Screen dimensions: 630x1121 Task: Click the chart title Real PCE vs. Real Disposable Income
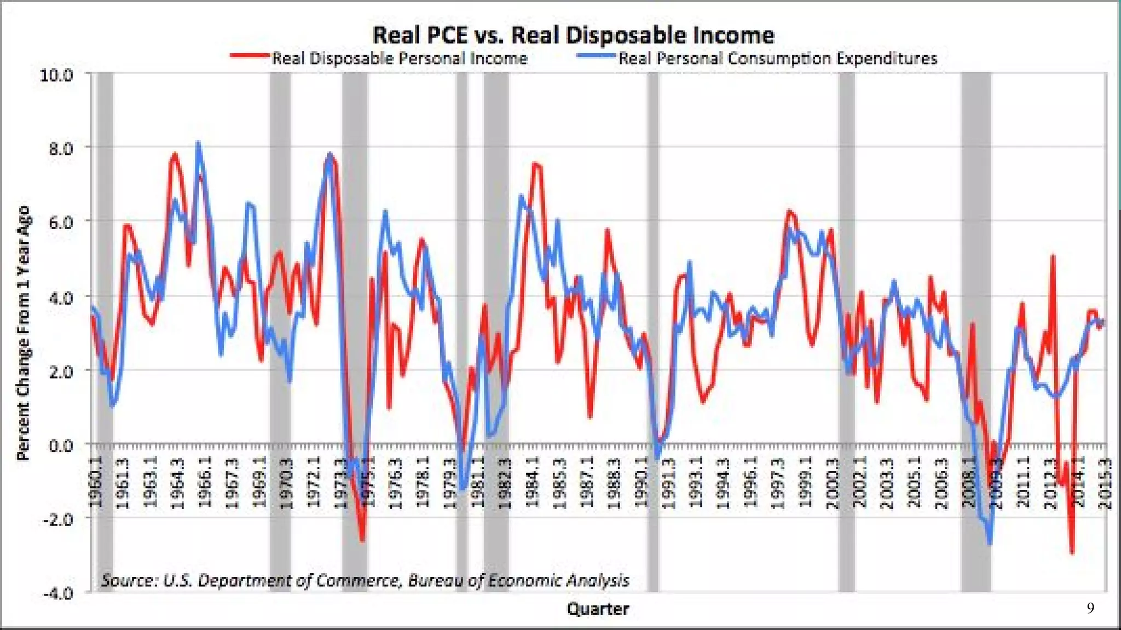573,35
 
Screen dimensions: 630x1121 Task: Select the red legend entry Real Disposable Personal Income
399,58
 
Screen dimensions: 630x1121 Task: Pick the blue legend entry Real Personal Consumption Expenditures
777,58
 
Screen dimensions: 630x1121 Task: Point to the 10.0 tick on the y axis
56,75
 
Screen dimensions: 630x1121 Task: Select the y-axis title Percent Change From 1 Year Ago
23,333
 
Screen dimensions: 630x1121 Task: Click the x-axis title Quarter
598,609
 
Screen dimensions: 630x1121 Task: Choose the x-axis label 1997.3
778,482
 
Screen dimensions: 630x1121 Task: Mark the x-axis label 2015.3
1105,482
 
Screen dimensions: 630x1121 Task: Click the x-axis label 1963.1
150,482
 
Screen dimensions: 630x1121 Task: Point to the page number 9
1090,608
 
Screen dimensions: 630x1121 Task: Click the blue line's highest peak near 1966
198,143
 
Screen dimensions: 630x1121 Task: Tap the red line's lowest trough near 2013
1072,553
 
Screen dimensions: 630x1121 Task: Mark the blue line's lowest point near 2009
990,542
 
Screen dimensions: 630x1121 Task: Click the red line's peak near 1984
535,164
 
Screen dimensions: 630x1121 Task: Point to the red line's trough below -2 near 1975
362,540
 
